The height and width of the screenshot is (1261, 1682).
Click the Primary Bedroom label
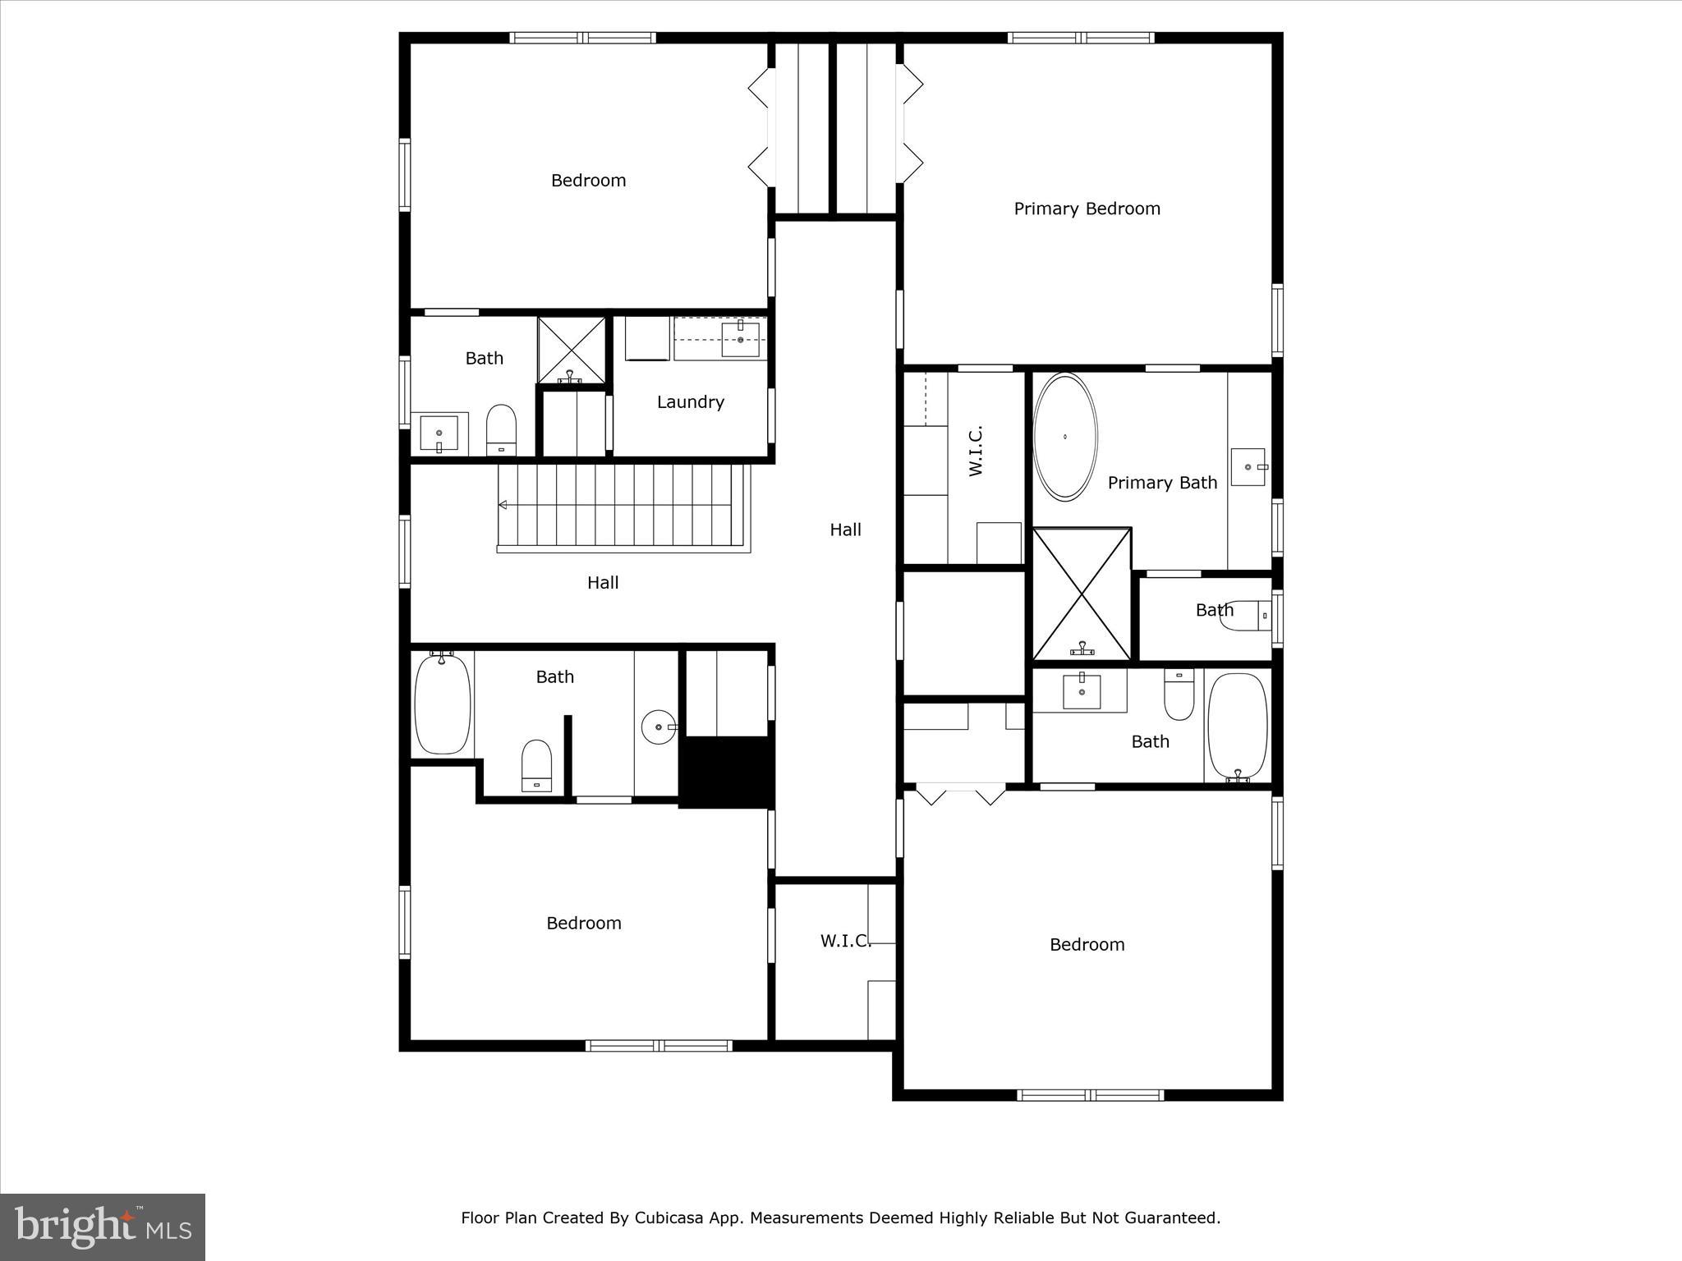(1087, 209)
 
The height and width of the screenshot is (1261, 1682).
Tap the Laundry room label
(690, 402)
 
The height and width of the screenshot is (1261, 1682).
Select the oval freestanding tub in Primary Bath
(1064, 437)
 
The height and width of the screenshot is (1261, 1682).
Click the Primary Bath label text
(1161, 483)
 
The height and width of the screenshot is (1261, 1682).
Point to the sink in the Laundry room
(740, 339)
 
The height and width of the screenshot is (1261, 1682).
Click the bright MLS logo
(103, 1227)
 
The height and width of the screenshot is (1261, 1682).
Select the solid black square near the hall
(727, 772)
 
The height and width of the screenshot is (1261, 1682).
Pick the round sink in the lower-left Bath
(659, 727)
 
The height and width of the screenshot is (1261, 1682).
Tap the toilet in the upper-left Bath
(500, 429)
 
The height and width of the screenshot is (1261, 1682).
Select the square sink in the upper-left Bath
(439, 433)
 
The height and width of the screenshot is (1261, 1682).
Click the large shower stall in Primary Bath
(1081, 594)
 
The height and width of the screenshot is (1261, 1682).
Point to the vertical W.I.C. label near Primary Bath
(976, 451)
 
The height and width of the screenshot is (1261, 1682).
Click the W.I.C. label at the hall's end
(845, 941)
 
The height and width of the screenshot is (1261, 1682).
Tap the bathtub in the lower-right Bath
(1237, 727)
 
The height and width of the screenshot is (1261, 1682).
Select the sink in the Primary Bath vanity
(1248, 466)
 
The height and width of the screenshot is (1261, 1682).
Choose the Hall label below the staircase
(602, 583)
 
